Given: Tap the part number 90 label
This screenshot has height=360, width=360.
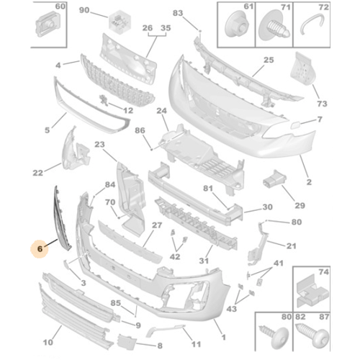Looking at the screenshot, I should point(84,10).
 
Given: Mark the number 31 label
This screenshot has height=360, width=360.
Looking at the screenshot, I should point(205,261).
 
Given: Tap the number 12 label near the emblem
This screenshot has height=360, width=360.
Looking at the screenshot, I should point(128,110).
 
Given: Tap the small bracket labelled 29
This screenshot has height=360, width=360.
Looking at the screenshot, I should point(274,181).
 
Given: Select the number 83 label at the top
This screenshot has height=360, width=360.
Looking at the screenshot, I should point(177,13).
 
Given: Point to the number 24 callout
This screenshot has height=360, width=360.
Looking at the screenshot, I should point(161,110).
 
